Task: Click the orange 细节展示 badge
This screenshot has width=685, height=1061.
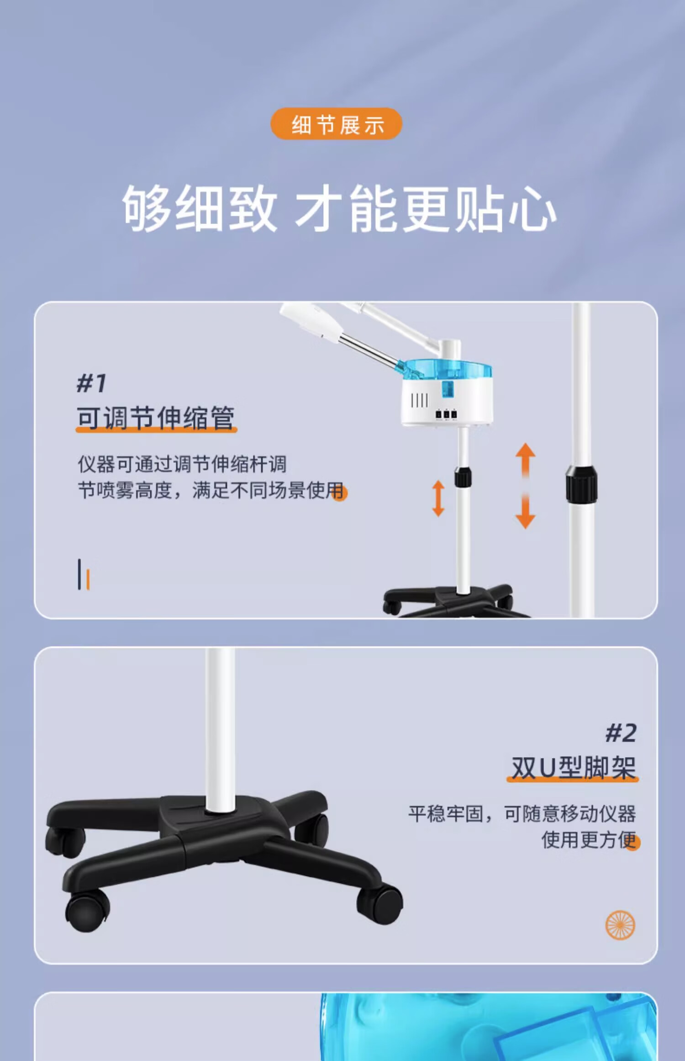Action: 336,124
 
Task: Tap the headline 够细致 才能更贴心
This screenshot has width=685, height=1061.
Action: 339,209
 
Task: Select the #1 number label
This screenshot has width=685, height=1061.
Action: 91,383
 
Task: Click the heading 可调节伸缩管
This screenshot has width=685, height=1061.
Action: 156,418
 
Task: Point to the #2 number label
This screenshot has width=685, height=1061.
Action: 621,733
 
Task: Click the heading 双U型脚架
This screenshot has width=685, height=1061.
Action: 574,768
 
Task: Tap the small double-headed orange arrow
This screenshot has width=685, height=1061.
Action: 438,498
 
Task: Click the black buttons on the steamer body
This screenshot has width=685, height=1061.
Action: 446,414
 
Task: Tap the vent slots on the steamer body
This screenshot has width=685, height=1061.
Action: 420,401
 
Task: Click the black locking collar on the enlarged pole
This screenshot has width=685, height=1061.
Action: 581,484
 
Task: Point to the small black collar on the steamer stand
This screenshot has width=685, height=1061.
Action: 463,477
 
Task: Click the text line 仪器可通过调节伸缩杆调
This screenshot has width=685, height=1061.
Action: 182,464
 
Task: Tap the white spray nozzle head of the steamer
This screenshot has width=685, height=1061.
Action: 311,321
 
